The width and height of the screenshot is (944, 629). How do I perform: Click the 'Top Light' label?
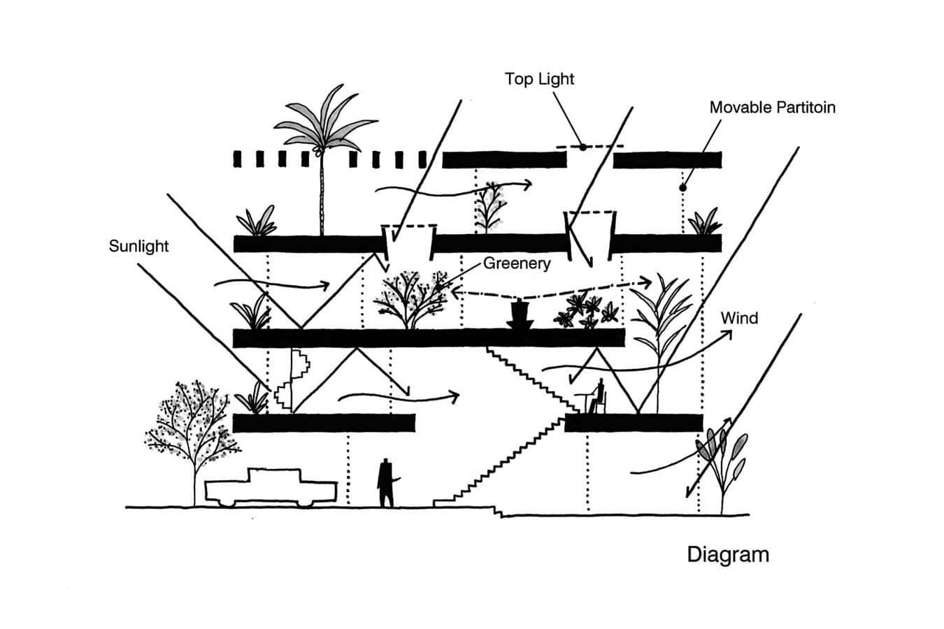(539, 79)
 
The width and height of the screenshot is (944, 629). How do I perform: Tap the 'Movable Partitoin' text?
(772, 108)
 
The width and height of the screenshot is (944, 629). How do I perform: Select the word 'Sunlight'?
(138, 246)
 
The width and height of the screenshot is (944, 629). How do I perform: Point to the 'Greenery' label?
(517, 263)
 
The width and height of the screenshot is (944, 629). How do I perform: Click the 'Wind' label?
(739, 319)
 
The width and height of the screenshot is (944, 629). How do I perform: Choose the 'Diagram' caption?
(728, 555)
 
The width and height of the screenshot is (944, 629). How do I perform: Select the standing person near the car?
(385, 482)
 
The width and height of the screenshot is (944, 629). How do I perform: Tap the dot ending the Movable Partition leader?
(683, 187)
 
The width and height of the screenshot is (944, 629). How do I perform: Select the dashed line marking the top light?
(589, 147)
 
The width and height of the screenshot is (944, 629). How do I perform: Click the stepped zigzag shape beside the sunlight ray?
(294, 381)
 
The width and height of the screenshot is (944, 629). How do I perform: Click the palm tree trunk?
(322, 196)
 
